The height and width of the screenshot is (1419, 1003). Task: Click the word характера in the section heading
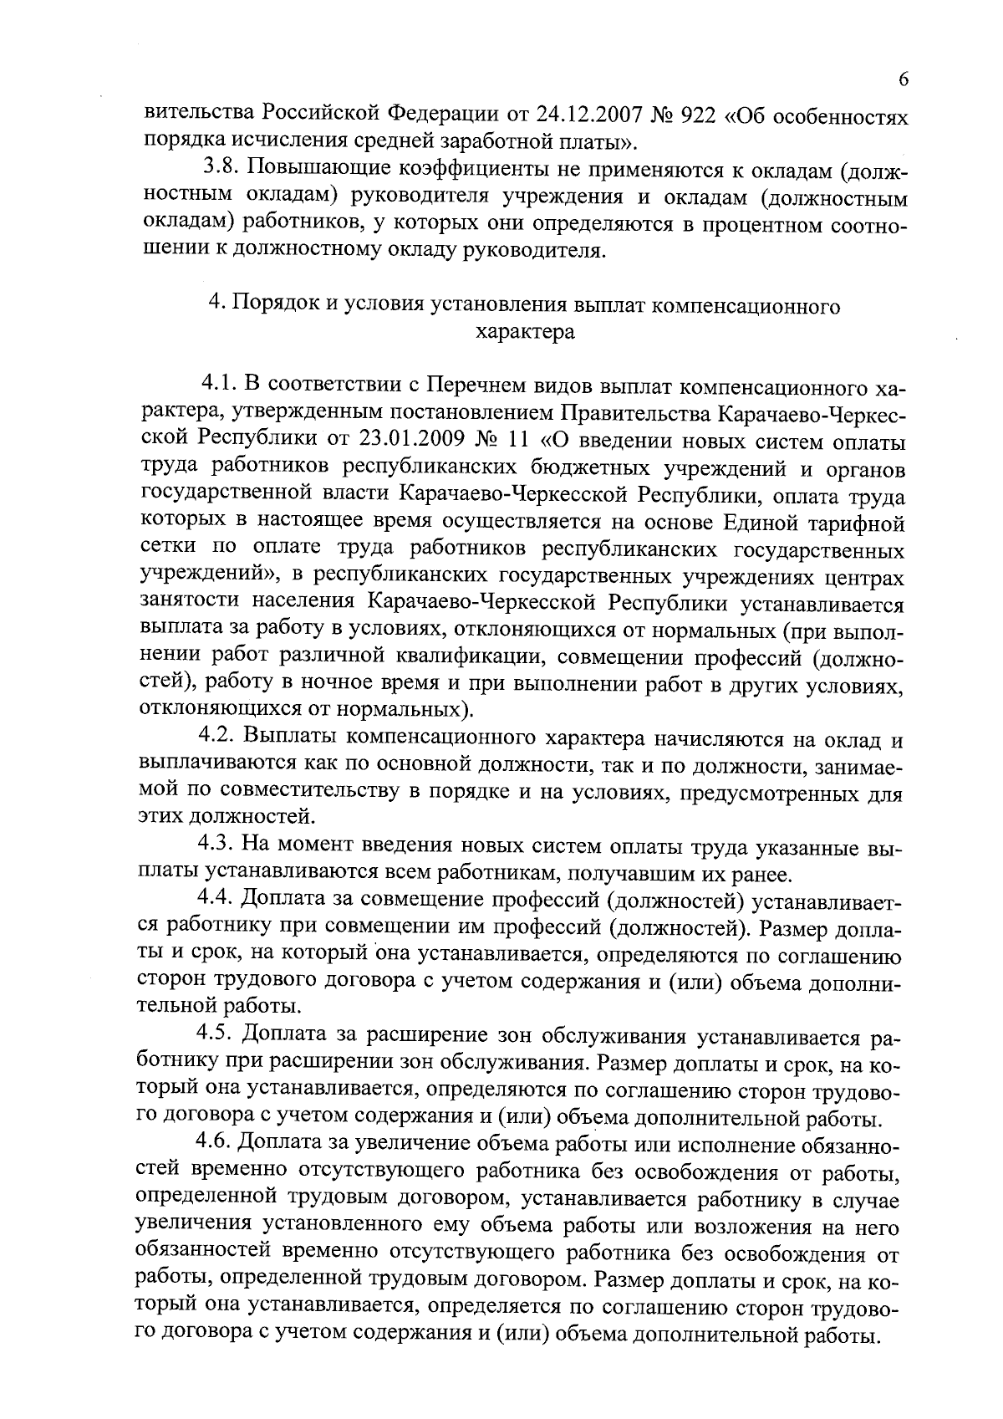[525, 332]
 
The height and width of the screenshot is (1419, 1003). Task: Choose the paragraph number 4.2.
[218, 739]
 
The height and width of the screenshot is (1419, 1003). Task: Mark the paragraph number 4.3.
[218, 848]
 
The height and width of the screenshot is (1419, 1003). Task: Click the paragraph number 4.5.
[218, 1038]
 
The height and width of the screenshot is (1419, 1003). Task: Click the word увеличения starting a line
[194, 1227]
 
